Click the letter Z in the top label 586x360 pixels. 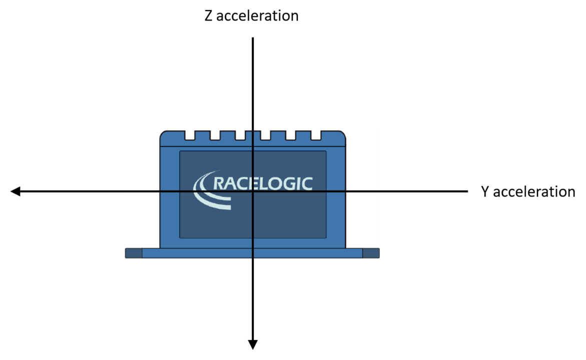click(x=208, y=15)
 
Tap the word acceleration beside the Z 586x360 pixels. click(x=258, y=15)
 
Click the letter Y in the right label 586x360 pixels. click(x=485, y=191)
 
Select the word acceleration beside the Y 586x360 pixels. click(x=534, y=191)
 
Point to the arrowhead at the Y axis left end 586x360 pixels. click(x=15, y=191)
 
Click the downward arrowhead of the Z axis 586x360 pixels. click(x=253, y=344)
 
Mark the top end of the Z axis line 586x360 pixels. click(x=253, y=37)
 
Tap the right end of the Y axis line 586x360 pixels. click(x=467, y=191)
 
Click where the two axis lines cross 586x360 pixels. click(x=253, y=191)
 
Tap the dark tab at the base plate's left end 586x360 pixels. click(x=134, y=253)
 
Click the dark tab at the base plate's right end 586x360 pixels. click(x=371, y=253)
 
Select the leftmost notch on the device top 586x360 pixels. click(x=190, y=135)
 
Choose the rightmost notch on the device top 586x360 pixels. click(x=316, y=135)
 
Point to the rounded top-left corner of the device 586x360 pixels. click(x=162, y=133)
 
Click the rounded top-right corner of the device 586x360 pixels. click(x=343, y=133)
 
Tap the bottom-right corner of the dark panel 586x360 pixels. click(x=326, y=237)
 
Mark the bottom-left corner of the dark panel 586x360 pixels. click(x=180, y=237)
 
